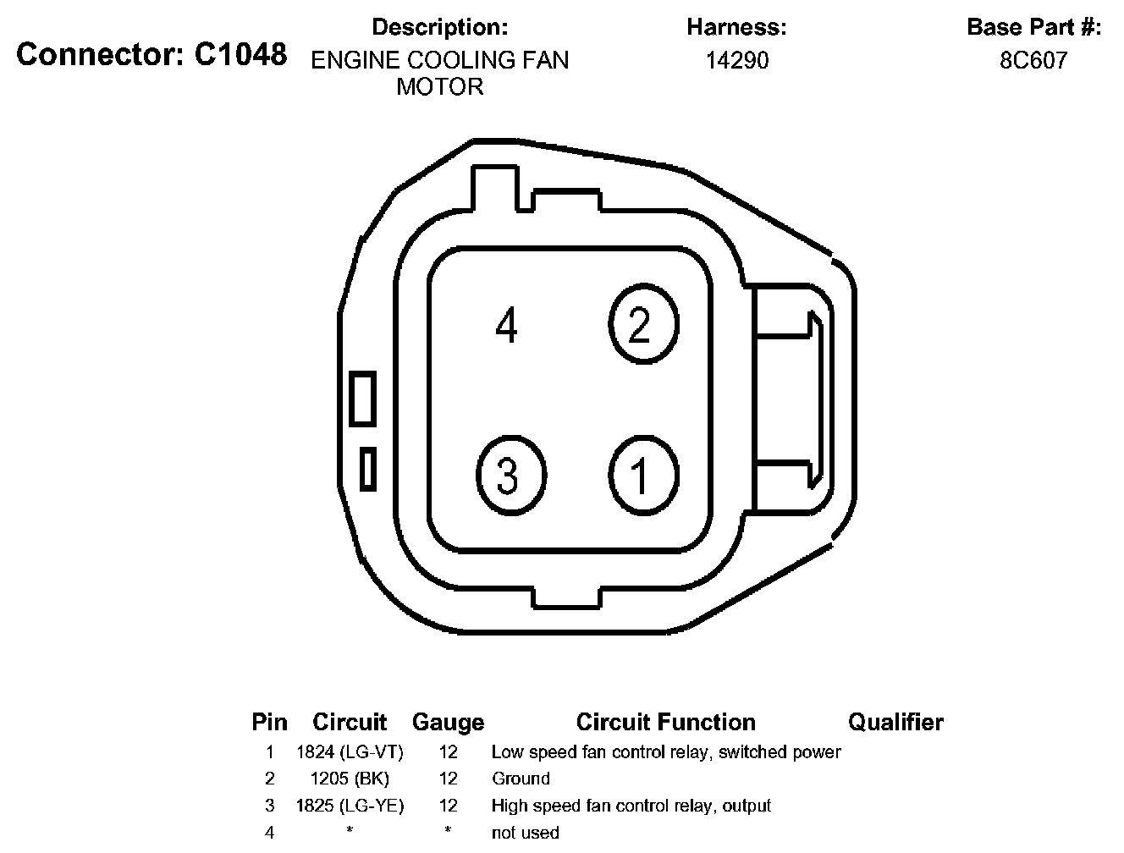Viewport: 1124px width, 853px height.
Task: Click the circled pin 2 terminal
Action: pos(643,324)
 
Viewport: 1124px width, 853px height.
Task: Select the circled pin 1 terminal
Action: pos(643,476)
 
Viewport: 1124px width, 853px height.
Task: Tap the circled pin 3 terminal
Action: pos(510,476)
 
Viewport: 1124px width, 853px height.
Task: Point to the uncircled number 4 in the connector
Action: pos(506,326)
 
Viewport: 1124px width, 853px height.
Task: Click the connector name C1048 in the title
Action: pos(240,55)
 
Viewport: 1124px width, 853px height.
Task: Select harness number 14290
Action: pos(736,60)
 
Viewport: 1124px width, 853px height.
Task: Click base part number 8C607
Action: pos(1033,60)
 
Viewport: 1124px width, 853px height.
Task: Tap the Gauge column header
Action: pos(448,722)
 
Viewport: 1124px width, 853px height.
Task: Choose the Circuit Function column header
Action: pos(665,722)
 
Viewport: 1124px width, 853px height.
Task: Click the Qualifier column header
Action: pos(895,722)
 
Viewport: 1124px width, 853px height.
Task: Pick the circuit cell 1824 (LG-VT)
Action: pos(350,751)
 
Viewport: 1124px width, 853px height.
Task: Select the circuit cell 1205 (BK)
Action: pos(350,779)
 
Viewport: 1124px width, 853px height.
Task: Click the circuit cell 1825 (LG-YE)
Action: pos(350,806)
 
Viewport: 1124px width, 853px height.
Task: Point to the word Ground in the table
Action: pos(521,779)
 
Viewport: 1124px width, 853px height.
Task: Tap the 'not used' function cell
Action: pos(525,833)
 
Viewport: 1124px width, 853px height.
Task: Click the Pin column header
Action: pos(269,722)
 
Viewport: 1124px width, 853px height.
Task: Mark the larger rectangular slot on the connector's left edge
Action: pos(363,398)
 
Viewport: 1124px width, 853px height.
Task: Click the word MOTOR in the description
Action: pos(440,86)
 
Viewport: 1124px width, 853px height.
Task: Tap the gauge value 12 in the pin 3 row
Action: pos(448,806)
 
